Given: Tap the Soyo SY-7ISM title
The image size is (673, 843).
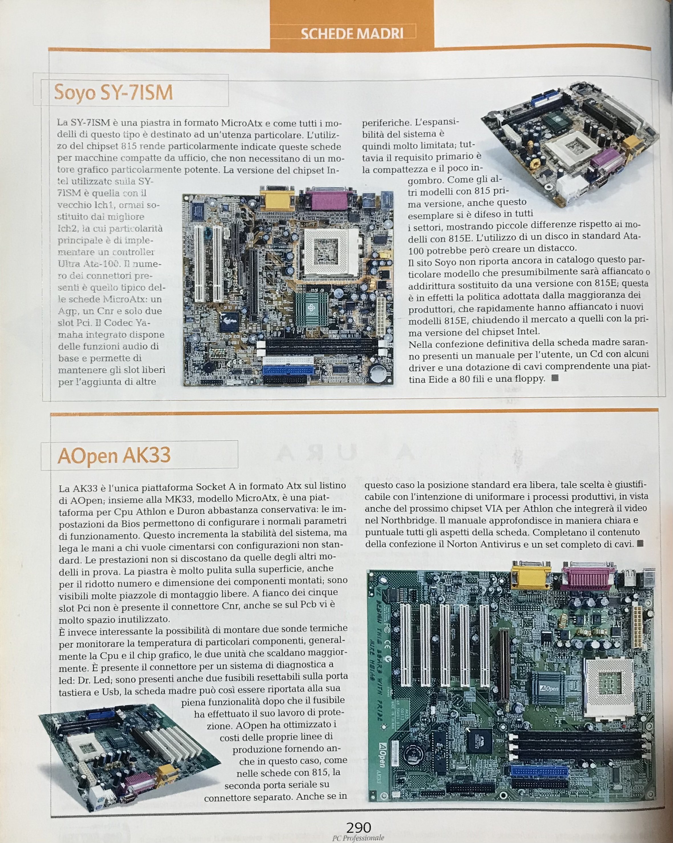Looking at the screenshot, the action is click(113, 92).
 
